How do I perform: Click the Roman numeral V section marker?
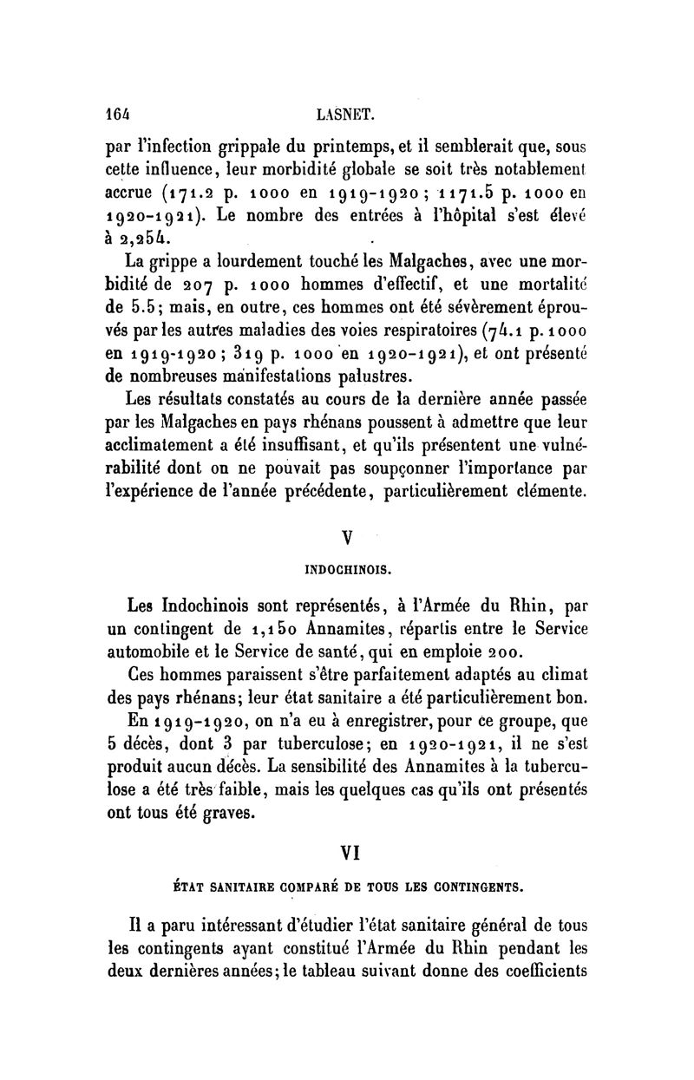point(348,537)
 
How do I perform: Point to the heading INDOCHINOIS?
point(348,570)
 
